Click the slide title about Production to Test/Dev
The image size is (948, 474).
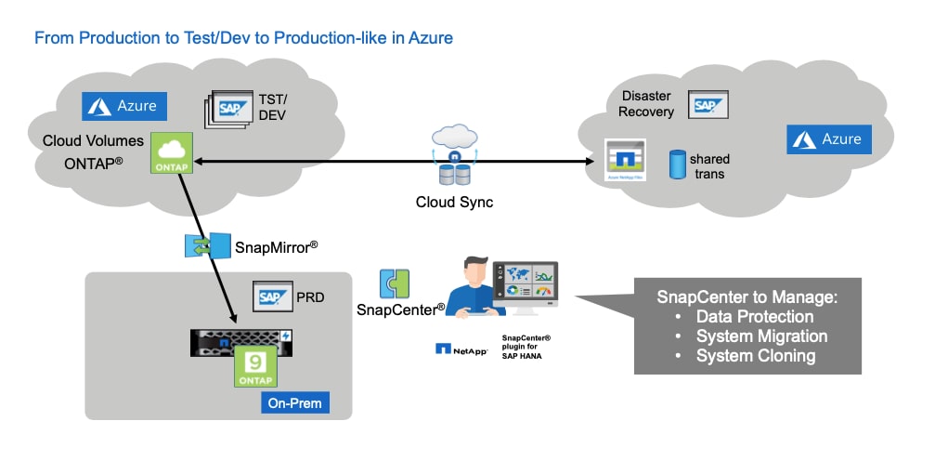coord(243,38)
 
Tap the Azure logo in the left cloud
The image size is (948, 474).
coord(124,106)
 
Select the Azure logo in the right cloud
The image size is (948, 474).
coord(829,139)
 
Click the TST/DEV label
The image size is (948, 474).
coord(272,108)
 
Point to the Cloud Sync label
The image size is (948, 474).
coord(454,202)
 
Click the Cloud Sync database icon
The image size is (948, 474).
coord(454,173)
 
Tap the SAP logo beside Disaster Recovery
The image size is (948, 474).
coord(708,105)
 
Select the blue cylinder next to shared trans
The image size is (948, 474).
coord(677,165)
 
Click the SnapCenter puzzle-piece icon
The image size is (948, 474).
coord(395,284)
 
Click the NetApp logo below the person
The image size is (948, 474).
coord(461,349)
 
